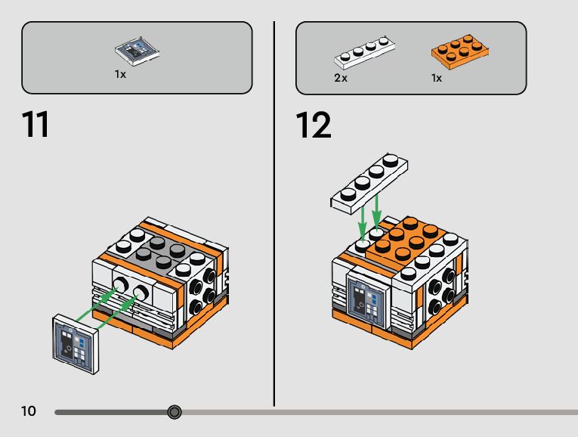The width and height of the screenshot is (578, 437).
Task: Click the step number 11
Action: coord(36,126)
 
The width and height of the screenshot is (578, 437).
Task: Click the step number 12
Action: coord(314,126)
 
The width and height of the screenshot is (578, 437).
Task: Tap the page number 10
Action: coord(29,411)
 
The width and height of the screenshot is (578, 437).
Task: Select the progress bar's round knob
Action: coord(175,412)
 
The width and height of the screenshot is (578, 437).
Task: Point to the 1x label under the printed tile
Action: coord(120,75)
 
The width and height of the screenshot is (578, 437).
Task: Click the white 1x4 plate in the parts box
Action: coord(366,54)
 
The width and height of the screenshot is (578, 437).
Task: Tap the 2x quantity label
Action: coord(341,78)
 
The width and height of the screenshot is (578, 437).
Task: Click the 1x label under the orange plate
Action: coord(436,78)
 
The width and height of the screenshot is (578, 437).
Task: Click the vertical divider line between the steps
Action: coord(274,212)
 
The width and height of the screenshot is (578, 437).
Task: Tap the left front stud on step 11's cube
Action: coord(121,285)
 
